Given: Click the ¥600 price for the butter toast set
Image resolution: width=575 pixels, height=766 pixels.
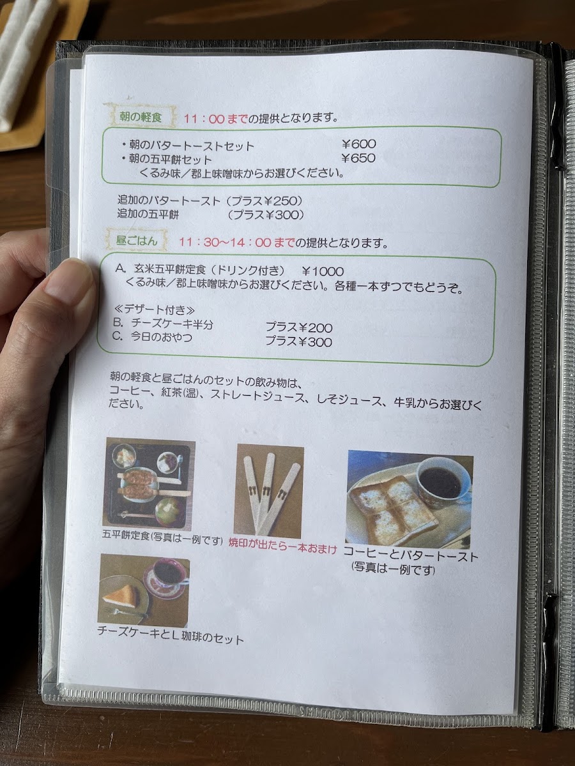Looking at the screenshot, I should tap(358, 144).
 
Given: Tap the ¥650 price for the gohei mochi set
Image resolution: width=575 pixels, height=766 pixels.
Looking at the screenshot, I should tap(358, 158).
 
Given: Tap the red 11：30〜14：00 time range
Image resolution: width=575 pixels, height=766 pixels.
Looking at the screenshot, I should tap(236, 243).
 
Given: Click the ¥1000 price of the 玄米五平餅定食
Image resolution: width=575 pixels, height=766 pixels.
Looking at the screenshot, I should tap(323, 270).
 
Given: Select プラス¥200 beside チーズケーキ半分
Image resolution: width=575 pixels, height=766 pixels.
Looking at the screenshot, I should tap(298, 328).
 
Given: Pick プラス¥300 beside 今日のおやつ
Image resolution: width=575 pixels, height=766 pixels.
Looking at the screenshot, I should tap(298, 342).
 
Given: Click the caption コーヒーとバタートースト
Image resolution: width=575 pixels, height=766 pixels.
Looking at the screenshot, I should tap(410, 555).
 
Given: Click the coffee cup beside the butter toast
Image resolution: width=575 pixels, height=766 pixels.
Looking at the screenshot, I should tap(441, 480).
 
